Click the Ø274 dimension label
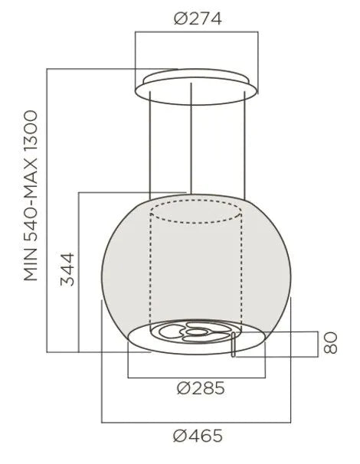click(198, 19)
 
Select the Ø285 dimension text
click(200, 388)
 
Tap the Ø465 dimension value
click(198, 437)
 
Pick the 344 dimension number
click(68, 269)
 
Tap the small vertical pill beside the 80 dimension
click(233, 344)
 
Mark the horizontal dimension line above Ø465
click(198, 422)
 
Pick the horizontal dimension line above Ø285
click(198, 376)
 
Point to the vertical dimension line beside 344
click(79, 272)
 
